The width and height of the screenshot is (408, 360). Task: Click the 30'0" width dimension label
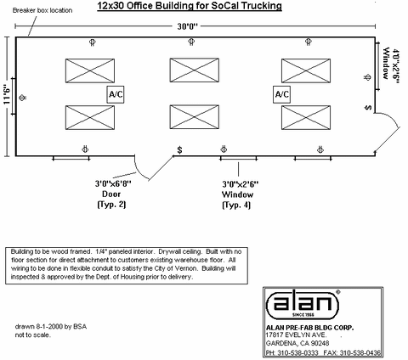(188, 26)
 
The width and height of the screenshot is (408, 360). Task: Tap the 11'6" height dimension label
(7, 95)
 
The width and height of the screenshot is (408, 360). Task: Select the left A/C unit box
(116, 94)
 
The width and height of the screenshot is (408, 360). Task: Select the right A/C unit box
(282, 94)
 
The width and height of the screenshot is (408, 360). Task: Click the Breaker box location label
(42, 10)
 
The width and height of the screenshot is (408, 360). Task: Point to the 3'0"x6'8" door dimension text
(113, 183)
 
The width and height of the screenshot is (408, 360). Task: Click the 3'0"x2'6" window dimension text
(241, 184)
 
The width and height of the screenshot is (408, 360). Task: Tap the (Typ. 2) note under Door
(111, 205)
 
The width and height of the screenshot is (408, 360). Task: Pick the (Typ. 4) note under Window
(236, 205)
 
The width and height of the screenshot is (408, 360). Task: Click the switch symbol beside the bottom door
(179, 149)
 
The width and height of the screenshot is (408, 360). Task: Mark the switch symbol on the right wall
(368, 108)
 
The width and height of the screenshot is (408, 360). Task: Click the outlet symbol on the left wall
(23, 98)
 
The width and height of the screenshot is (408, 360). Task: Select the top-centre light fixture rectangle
(195, 70)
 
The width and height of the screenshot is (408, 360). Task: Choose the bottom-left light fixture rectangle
(90, 117)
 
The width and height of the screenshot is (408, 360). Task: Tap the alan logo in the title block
(303, 304)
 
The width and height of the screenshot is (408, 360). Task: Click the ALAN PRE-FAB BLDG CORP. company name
(309, 328)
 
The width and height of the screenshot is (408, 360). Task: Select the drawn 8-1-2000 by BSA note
(51, 327)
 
